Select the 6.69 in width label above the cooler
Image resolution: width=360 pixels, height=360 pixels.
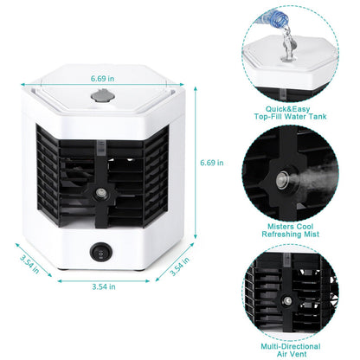[101, 79]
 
